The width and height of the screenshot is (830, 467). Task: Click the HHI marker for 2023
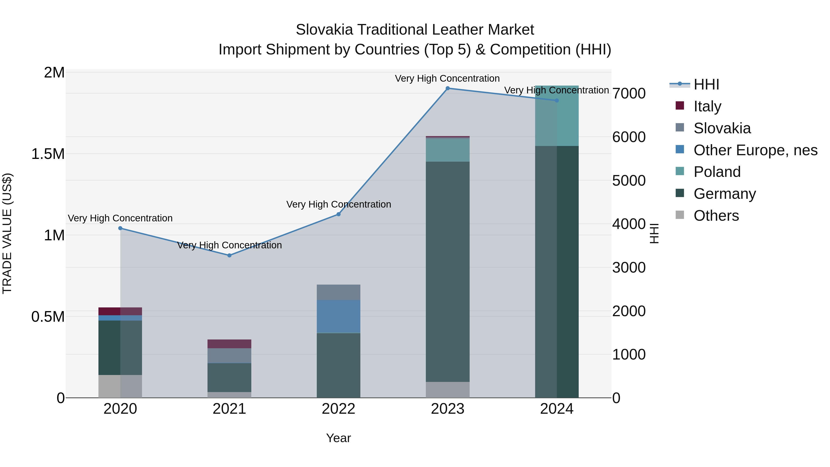click(448, 88)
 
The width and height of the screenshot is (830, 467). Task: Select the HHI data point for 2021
click(229, 255)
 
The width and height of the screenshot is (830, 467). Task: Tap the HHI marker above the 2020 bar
click(120, 228)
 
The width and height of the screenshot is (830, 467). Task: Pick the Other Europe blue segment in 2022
click(338, 316)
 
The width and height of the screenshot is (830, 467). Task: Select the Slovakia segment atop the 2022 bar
click(338, 292)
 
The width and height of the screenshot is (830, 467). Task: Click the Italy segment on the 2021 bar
click(229, 344)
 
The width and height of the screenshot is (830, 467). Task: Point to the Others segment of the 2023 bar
click(448, 390)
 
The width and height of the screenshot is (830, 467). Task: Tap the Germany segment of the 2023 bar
click(448, 271)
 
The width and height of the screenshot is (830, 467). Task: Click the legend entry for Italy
click(707, 106)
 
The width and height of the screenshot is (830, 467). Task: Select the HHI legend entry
click(706, 84)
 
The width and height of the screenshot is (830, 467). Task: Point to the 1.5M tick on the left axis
click(48, 154)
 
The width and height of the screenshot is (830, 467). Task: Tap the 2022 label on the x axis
click(338, 409)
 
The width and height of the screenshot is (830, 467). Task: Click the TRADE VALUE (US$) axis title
click(7, 233)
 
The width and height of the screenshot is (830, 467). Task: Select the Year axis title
click(338, 438)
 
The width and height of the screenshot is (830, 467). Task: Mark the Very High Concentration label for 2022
click(338, 204)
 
